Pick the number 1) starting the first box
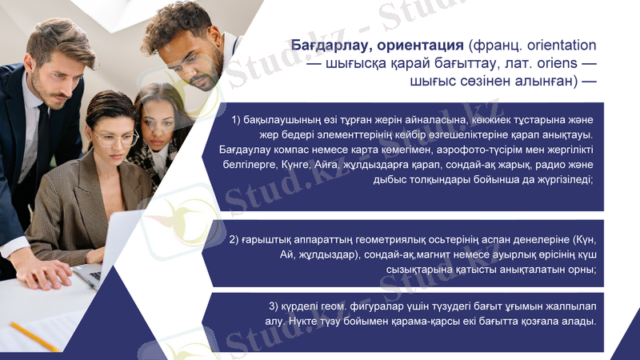point(236,119)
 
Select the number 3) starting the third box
point(274,306)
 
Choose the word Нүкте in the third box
point(305,322)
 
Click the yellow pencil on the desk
point(34,336)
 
